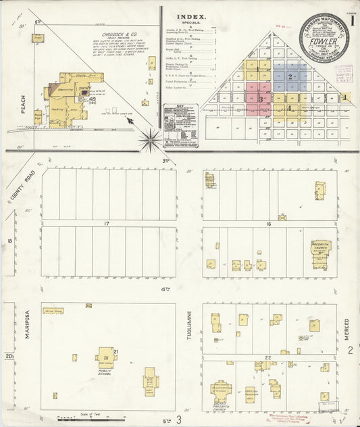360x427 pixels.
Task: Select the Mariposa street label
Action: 28,334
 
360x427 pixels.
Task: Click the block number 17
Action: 106,223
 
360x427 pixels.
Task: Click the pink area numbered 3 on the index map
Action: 260,99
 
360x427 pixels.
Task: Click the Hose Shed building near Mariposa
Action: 52,310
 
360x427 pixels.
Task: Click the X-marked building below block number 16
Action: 282,217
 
